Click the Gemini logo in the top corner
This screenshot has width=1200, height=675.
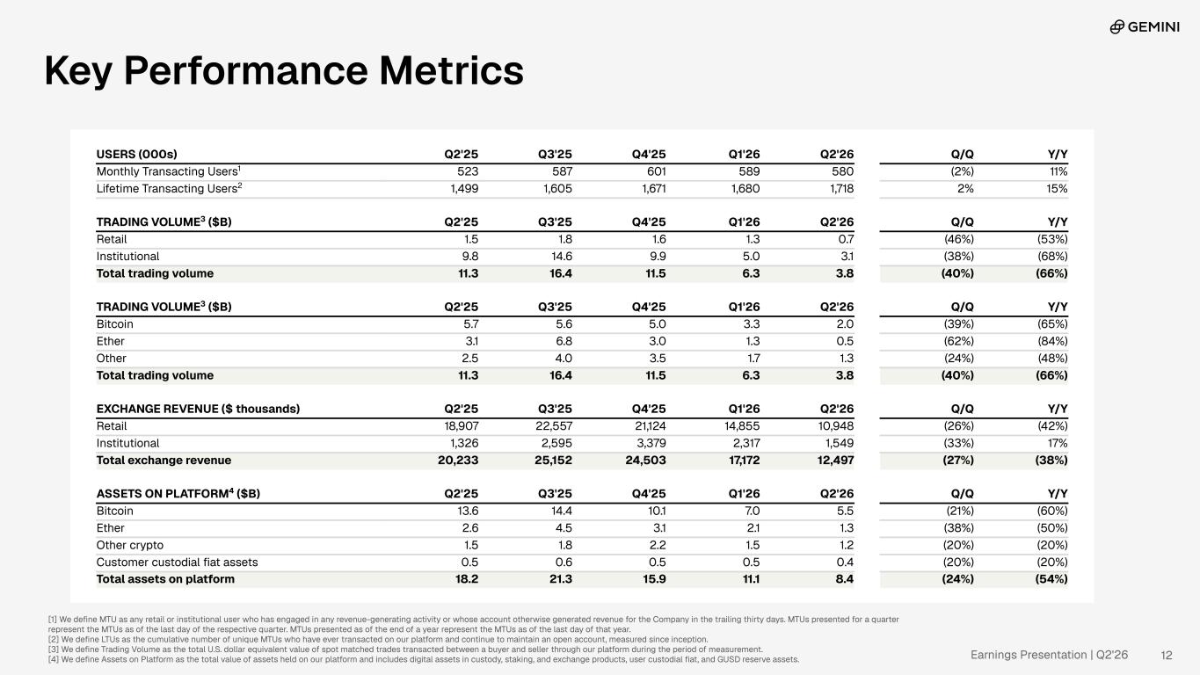(1145, 26)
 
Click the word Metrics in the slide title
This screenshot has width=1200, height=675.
(451, 70)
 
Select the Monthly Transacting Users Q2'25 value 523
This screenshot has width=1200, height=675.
(464, 171)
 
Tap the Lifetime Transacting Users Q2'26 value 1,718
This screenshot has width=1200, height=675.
(841, 189)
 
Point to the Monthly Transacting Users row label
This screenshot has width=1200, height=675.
(168, 171)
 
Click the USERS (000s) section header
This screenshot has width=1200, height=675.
(136, 155)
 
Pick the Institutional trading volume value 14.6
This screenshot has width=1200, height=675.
(561, 256)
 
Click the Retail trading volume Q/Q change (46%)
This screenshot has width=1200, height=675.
(958, 239)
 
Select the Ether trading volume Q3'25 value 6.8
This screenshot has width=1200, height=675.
(564, 341)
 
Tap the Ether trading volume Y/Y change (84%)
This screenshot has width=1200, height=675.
(1052, 341)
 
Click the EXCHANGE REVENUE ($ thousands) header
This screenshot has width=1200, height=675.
(198, 409)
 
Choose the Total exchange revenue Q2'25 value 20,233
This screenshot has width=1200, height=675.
(458, 461)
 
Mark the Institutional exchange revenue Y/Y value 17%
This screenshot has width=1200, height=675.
(1058, 443)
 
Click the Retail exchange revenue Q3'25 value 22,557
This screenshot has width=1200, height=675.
(554, 426)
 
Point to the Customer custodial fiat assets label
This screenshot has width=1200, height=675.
(178, 562)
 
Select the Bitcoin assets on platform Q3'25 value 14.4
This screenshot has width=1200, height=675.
(562, 511)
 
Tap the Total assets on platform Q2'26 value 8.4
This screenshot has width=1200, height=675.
(844, 579)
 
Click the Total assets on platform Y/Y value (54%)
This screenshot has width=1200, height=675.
(1051, 579)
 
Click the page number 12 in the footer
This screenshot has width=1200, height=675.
(1167, 655)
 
